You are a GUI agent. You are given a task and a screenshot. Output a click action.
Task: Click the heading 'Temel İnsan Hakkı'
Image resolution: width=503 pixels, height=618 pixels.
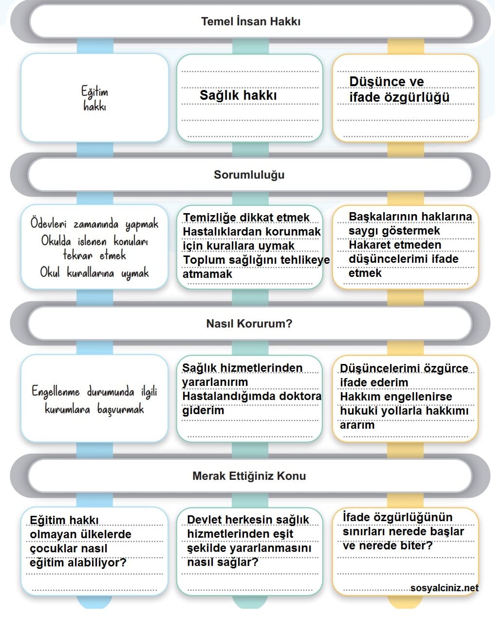tap(251, 21)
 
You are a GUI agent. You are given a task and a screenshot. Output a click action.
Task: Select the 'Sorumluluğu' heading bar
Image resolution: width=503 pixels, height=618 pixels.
tap(249, 175)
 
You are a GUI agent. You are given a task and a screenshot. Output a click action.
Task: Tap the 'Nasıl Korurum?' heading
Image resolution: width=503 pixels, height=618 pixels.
tap(249, 324)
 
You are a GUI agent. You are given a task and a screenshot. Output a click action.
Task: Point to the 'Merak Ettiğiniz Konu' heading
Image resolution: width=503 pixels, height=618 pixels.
tap(249, 476)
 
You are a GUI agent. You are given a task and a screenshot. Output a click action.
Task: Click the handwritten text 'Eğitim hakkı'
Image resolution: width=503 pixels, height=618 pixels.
tap(94, 98)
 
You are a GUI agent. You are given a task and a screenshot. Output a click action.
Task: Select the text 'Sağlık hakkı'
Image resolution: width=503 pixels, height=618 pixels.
tap(238, 95)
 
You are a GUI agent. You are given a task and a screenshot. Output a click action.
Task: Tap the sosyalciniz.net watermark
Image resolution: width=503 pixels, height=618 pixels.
tap(444, 588)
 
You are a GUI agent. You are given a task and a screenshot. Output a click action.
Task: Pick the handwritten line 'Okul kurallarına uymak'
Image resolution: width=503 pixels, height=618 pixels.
tap(94, 273)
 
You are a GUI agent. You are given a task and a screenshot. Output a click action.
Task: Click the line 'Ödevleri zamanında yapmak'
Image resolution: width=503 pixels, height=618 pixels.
tap(94, 224)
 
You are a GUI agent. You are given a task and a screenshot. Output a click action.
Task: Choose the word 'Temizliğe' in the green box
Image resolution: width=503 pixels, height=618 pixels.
tap(209, 218)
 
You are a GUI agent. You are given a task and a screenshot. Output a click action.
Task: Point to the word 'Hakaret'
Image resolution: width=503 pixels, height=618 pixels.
tap(371, 245)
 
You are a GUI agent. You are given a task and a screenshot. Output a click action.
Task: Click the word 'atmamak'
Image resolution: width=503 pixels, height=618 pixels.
tap(207, 274)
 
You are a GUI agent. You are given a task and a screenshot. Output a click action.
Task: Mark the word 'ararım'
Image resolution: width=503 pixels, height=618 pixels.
tap(357, 425)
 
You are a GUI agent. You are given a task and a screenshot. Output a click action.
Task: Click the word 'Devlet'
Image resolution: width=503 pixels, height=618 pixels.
tap(204, 520)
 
